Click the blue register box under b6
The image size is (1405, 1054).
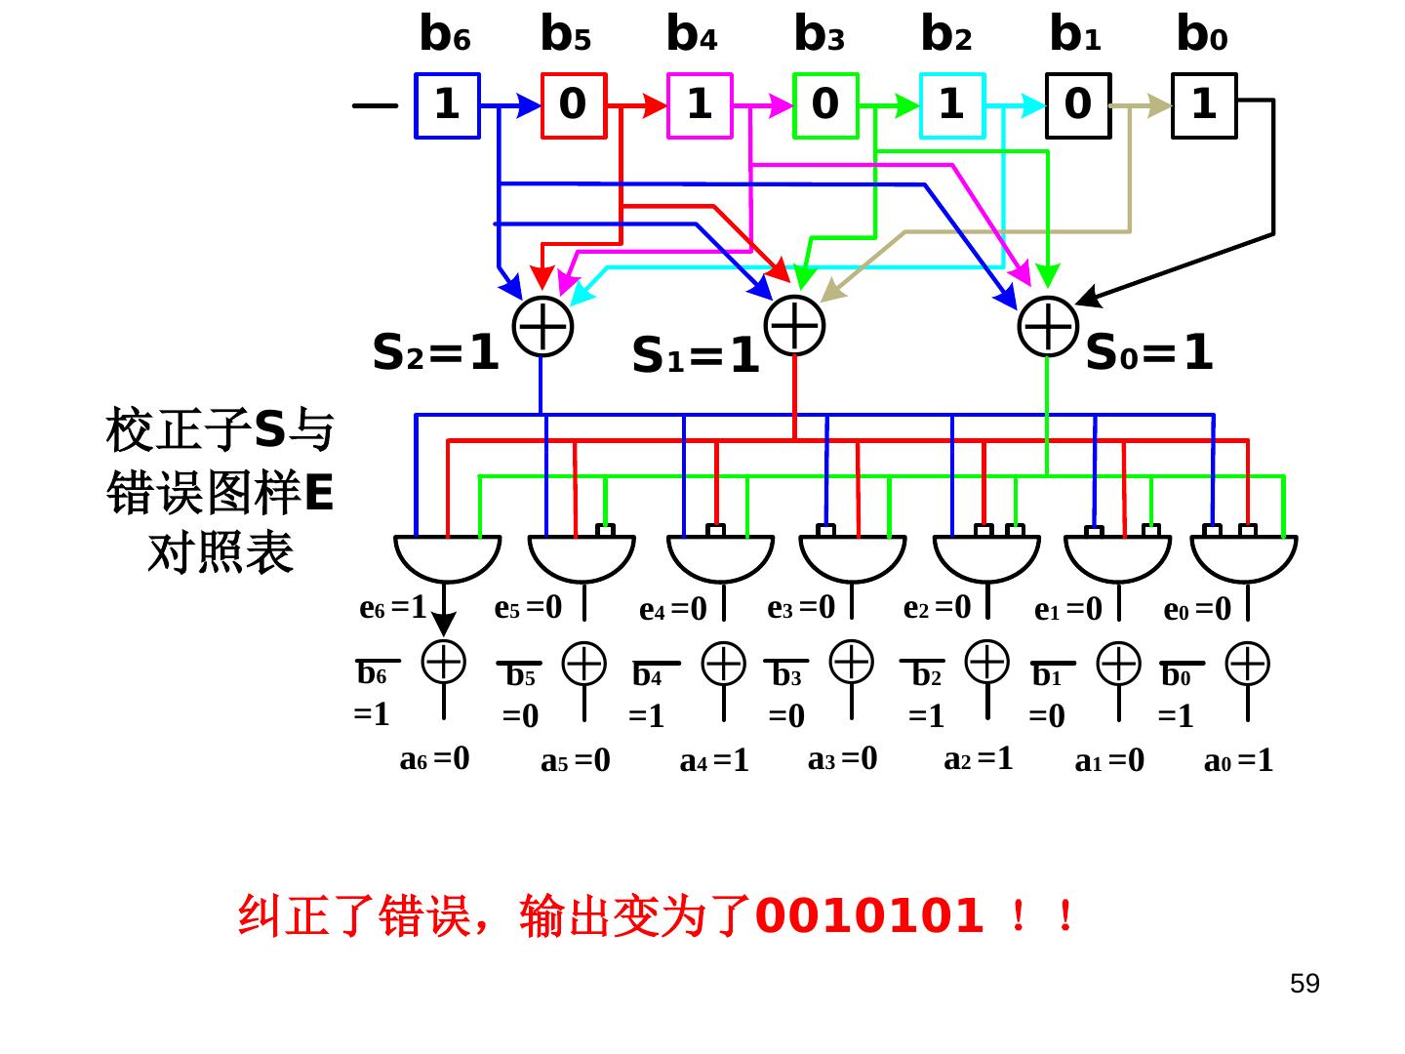tap(447, 105)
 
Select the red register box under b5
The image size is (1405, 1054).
tap(574, 105)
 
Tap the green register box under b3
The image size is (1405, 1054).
tap(825, 105)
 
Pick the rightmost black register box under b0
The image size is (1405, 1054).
tap(1204, 105)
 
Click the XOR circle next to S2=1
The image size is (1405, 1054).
tap(542, 326)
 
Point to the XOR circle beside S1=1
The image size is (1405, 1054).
tap(795, 324)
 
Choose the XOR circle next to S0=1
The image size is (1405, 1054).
tap(1047, 326)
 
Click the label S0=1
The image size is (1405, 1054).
tap(1149, 353)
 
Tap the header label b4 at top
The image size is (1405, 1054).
tap(691, 35)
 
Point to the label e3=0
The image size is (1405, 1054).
tap(801, 608)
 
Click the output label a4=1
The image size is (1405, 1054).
tap(714, 760)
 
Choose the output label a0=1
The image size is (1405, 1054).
tap(1238, 760)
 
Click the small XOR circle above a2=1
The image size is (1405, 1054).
tap(987, 661)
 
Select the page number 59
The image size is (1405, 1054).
tap(1305, 984)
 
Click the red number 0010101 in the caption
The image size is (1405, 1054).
tap(869, 916)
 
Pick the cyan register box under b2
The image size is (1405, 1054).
tap(952, 105)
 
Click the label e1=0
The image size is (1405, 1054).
tap(1067, 610)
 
